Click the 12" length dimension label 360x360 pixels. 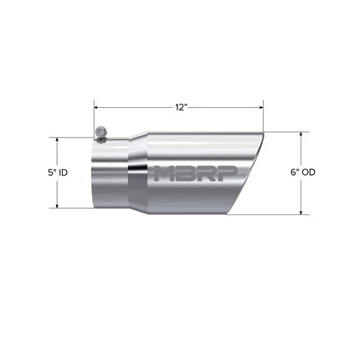click(x=181, y=107)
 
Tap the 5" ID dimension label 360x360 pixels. click(x=58, y=172)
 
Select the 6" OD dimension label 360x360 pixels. click(x=303, y=172)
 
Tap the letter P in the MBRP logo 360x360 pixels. click(x=228, y=173)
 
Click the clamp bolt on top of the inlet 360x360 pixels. click(x=100, y=134)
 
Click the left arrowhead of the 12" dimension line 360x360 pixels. click(x=96, y=107)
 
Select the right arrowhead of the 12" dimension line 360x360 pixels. click(x=261, y=107)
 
